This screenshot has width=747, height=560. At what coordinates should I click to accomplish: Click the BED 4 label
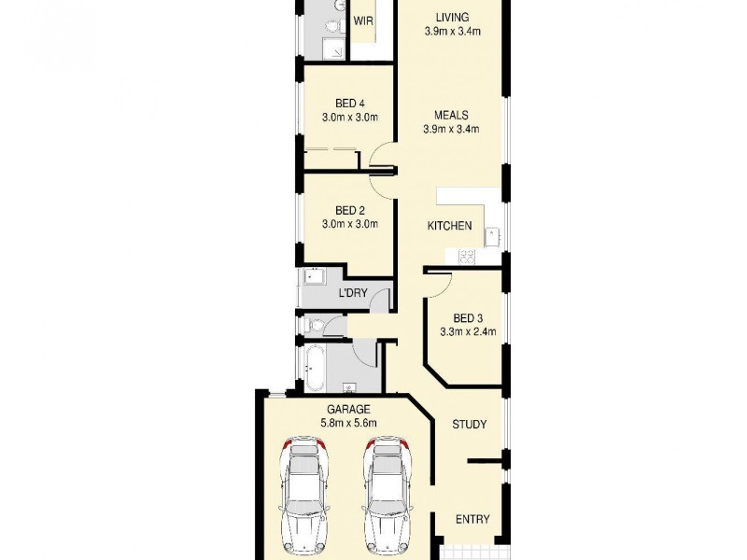[x=348, y=104]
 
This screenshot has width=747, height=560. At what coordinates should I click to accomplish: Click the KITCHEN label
[x=449, y=226]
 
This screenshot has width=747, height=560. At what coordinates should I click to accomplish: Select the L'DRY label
[x=352, y=294]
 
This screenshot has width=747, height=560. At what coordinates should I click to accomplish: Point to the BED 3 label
[x=467, y=316]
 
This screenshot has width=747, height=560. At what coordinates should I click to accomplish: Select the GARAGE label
[x=348, y=409]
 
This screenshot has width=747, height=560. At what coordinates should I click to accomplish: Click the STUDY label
[x=469, y=425]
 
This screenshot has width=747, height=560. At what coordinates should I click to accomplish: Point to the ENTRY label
[x=472, y=520]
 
